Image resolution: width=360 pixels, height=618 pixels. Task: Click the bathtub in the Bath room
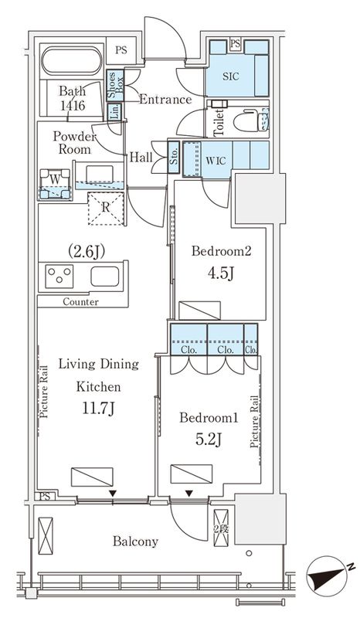pos(71,61)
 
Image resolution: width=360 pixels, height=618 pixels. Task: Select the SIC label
pos(231,76)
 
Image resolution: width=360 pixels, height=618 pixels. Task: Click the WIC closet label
pos(216,161)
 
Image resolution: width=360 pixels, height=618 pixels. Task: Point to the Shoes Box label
pos(116,86)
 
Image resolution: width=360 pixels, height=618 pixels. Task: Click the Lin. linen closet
pos(115,111)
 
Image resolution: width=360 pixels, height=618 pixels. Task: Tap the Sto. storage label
pos(174,157)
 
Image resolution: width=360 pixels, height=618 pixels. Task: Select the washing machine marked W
pos(56,184)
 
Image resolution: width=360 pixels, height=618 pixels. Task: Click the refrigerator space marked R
pos(106,208)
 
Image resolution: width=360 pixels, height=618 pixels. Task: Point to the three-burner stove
pos(59,276)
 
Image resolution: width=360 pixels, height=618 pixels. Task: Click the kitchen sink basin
pos(104,277)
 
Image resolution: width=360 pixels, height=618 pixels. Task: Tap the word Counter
pos(81,302)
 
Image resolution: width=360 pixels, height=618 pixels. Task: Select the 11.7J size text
pos(99,409)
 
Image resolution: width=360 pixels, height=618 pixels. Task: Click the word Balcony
pos(136,542)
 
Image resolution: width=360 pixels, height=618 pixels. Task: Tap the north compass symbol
pos(327,574)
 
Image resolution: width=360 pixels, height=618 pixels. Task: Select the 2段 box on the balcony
pos(221,528)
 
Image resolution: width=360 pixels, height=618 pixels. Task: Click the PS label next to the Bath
pos(121,50)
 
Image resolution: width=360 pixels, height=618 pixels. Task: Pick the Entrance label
pos(165,100)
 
